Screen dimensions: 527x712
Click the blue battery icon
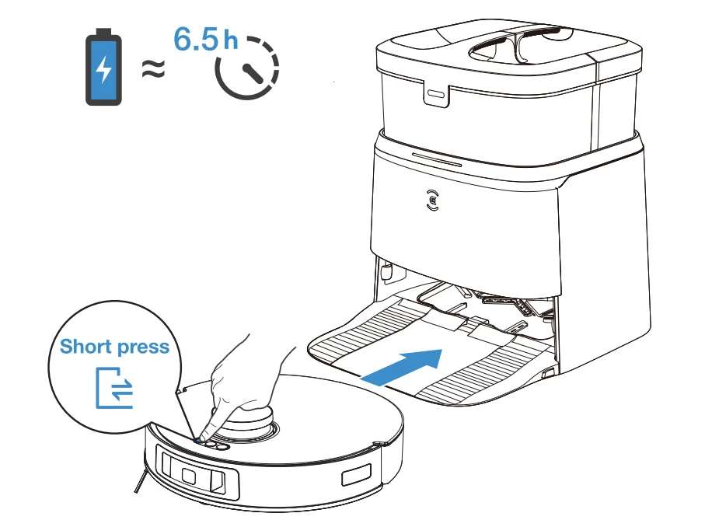click(x=103, y=68)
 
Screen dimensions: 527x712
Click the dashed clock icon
click(x=247, y=71)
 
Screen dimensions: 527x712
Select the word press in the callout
click(x=142, y=347)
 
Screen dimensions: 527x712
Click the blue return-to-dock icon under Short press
click(x=114, y=387)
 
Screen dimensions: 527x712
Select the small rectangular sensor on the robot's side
click(x=357, y=476)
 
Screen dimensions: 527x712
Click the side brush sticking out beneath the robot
click(x=138, y=481)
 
